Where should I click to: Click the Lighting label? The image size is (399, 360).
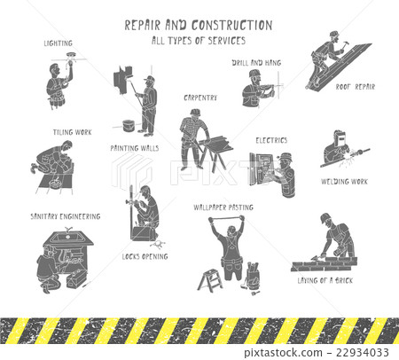click(58, 43)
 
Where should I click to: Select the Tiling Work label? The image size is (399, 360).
click(70, 132)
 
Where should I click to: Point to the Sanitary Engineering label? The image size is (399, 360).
click(65, 215)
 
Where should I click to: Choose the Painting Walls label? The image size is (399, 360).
click(135, 148)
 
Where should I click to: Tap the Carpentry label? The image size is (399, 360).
click(200, 97)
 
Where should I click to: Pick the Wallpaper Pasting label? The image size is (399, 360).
click(223, 207)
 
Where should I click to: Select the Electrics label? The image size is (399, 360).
click(271, 140)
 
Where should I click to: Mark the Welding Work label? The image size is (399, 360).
click(344, 182)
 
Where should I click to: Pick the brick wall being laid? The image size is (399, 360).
click(322, 262)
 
